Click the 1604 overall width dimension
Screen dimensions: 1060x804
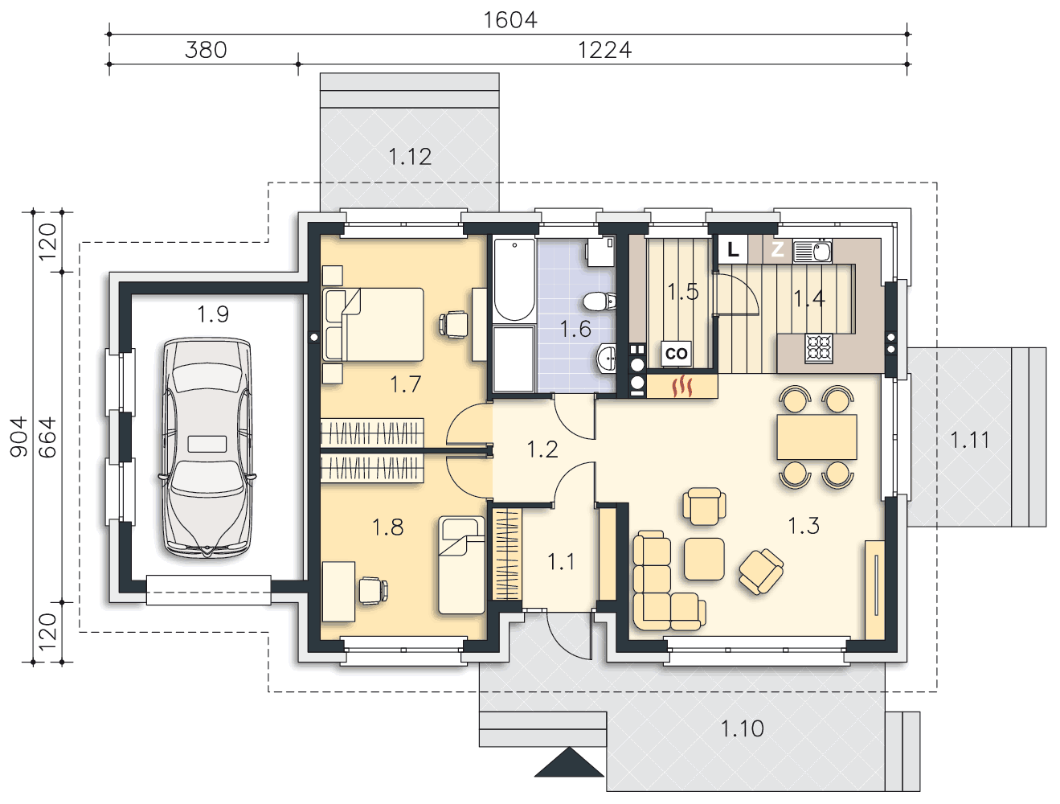[510, 20]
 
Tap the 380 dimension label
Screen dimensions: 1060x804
[206, 50]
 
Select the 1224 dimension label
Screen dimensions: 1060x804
[604, 50]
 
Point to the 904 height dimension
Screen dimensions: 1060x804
[19, 437]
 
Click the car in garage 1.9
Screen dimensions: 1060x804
[207, 447]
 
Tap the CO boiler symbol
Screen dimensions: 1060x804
[676, 354]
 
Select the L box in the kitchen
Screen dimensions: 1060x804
[733, 250]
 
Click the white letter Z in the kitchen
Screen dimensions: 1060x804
[777, 250]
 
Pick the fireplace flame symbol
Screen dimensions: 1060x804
[681, 387]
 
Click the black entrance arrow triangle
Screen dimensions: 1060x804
[569, 762]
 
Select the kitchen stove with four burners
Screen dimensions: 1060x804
[819, 349]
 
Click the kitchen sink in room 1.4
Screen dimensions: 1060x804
[812, 251]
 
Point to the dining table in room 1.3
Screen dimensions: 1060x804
[816, 437]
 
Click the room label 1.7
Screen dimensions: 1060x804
[405, 384]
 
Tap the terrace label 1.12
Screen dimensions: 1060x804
[410, 157]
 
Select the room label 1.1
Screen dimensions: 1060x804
[561, 562]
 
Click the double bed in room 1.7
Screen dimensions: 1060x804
[373, 325]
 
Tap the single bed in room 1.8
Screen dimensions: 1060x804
[461, 565]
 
